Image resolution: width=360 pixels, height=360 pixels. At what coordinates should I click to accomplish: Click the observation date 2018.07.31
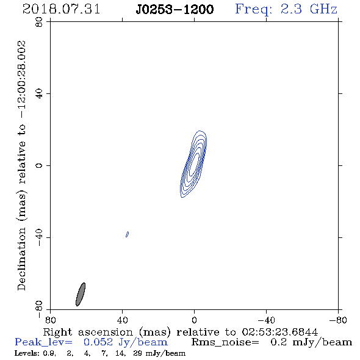click(61, 9)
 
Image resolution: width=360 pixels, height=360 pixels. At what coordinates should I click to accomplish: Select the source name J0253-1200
click(175, 9)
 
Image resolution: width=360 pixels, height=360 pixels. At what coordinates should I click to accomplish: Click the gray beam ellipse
click(81, 294)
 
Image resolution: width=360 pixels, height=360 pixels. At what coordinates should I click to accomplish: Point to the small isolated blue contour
click(127, 234)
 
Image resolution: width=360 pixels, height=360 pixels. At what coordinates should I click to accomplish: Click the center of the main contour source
click(193, 164)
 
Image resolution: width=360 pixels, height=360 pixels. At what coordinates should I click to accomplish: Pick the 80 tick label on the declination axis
click(39, 22)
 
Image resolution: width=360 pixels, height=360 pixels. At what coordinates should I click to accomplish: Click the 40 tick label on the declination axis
click(39, 94)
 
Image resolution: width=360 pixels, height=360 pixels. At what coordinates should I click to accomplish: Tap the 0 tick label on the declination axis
click(39, 165)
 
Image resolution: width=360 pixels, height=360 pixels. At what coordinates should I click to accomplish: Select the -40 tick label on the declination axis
click(39, 237)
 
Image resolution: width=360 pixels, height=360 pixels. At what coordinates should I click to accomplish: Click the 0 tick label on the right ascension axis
click(194, 320)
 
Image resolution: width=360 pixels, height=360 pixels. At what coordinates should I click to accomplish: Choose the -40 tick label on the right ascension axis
click(266, 320)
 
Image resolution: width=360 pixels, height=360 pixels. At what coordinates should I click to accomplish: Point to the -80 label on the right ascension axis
click(338, 320)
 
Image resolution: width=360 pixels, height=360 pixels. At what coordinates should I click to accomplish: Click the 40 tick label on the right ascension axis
click(123, 320)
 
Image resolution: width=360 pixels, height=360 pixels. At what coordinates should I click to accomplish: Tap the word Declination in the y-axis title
click(21, 259)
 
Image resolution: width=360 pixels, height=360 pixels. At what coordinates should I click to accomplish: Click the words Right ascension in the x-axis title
click(88, 332)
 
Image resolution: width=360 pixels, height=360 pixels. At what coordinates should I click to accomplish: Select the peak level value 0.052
click(98, 342)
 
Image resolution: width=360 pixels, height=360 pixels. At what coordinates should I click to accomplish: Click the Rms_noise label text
click(225, 342)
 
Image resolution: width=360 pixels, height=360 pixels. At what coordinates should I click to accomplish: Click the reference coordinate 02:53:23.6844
click(279, 332)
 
